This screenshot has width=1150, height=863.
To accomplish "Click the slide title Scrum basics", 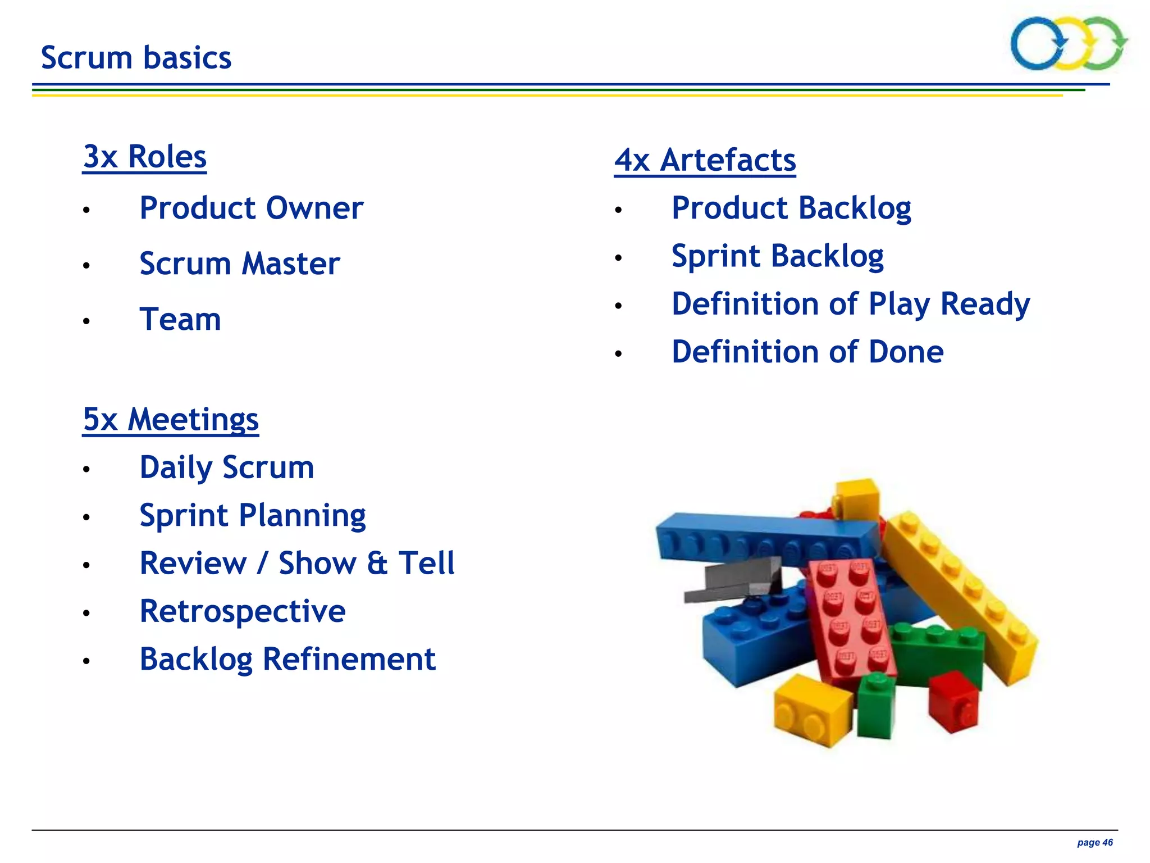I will (x=136, y=58).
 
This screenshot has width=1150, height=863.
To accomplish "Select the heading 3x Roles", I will (x=145, y=157).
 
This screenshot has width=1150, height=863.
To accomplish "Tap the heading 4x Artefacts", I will (x=705, y=160).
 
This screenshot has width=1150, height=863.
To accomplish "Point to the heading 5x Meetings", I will (x=171, y=420).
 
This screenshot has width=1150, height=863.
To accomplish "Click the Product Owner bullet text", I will (x=251, y=208).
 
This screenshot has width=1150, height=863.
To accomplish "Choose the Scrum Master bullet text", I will (x=240, y=264).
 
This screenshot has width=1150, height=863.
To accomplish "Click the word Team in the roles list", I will (x=180, y=319).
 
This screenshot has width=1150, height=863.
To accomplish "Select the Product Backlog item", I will (x=791, y=208).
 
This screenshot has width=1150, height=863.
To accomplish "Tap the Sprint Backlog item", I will (x=778, y=256).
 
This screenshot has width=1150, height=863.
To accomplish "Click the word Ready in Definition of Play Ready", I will (x=985, y=304).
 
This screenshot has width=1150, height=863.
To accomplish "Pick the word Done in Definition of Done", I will (x=906, y=352).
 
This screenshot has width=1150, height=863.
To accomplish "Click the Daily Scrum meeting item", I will (x=227, y=467).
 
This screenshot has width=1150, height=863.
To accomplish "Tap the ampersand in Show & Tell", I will (x=377, y=564).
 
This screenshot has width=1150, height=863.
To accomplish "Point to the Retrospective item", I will (x=243, y=611).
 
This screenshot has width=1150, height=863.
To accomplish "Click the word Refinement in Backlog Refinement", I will (x=349, y=659).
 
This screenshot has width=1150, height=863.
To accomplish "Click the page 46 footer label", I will (x=1094, y=843).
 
